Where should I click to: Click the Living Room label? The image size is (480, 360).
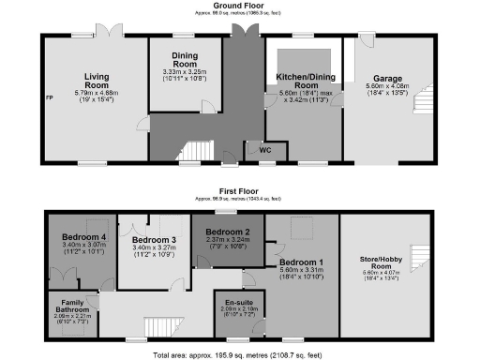tap(97, 81)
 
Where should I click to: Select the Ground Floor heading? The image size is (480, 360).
tap(241, 6)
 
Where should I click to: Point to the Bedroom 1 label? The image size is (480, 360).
tap(300, 261)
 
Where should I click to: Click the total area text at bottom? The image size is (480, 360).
tap(241, 355)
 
